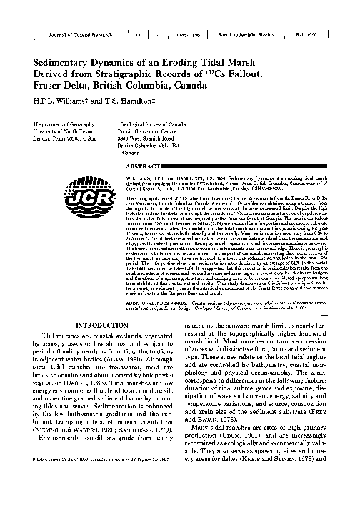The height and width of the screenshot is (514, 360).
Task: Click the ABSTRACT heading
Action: click(159, 164)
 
